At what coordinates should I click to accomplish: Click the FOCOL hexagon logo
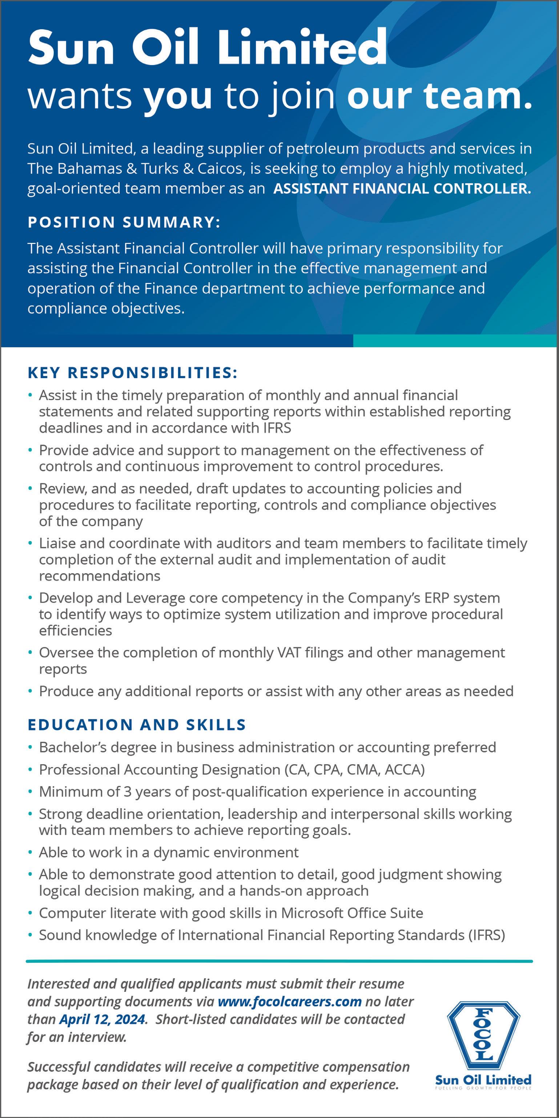tap(483, 1035)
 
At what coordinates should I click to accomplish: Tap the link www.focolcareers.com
tap(289, 1002)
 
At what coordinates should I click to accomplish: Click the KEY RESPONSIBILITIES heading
tap(132, 372)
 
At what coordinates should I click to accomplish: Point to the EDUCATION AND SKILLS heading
tap(137, 724)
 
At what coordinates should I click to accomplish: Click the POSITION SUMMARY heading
tap(124, 222)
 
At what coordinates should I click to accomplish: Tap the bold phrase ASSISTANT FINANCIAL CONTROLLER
tap(402, 189)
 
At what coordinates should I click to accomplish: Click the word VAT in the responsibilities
tap(289, 652)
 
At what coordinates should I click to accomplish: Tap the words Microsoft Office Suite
tap(352, 913)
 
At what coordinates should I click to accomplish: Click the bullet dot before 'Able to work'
tap(30, 853)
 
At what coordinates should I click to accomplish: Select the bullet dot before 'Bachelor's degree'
tap(30, 747)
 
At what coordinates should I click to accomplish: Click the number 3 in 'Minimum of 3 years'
tap(127, 792)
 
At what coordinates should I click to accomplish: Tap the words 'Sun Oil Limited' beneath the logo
tap(483, 1080)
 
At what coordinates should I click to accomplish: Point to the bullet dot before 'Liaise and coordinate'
tap(30, 543)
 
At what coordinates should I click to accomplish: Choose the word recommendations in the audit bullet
tap(100, 576)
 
